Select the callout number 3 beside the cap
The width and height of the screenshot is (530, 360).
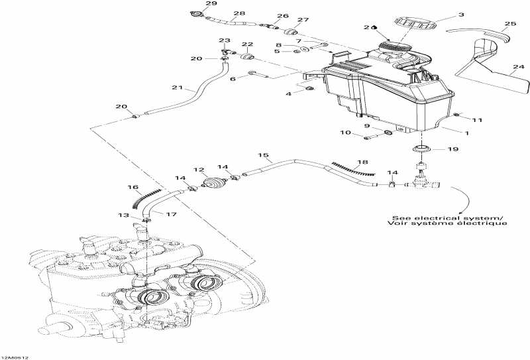point(461,14)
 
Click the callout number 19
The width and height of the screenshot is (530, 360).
point(452,149)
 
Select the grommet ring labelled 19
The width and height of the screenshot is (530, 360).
point(421,147)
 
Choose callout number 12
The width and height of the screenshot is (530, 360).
point(197,170)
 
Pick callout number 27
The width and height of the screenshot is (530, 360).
point(303,21)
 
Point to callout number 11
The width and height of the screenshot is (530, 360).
point(477,120)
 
